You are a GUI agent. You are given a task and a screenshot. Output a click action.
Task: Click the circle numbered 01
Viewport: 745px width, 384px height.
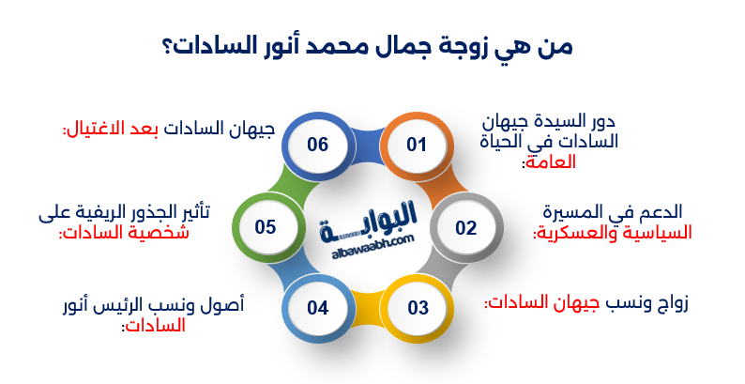[417, 146]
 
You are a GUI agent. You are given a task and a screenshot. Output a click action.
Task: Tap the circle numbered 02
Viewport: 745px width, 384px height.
[466, 227]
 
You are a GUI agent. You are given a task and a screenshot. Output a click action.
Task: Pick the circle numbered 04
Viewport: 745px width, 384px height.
[318, 306]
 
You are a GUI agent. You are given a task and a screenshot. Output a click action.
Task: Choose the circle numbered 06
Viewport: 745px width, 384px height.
[317, 146]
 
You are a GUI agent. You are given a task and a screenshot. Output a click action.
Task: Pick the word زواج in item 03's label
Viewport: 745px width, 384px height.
[672, 303]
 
